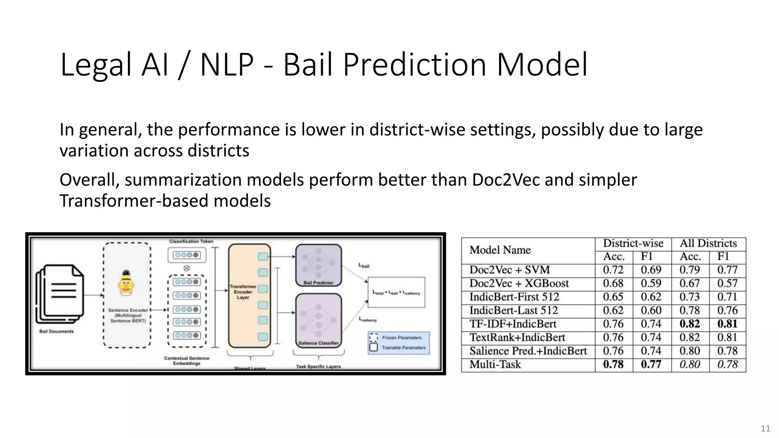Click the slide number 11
click(x=765, y=428)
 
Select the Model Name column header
click(x=500, y=250)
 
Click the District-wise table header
click(x=633, y=243)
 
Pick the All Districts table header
click(x=708, y=243)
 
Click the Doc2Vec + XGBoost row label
click(x=519, y=284)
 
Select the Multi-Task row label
click(x=495, y=365)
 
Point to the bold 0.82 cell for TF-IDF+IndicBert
click(x=689, y=324)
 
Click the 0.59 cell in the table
click(x=651, y=284)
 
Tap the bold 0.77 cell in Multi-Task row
click(x=651, y=365)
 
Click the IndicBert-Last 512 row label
click(x=514, y=311)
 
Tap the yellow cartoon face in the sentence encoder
click(x=126, y=283)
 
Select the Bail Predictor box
click(x=318, y=265)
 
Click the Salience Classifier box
click(x=318, y=320)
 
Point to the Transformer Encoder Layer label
click(x=243, y=292)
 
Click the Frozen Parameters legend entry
click(x=401, y=338)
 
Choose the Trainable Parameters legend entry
click(x=403, y=348)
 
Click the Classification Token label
click(x=191, y=241)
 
